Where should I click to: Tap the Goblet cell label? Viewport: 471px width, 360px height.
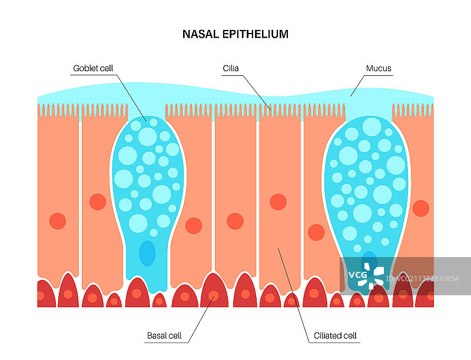(93, 69)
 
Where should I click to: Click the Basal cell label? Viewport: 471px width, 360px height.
(164, 336)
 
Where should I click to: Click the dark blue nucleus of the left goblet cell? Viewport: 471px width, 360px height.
(147, 253)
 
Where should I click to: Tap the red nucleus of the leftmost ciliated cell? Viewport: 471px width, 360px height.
(58, 221)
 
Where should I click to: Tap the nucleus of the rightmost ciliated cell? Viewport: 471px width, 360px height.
(420, 208)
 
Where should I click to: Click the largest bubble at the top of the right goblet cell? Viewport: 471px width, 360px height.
(372, 127)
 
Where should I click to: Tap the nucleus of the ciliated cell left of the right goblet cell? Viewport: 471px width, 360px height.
(316, 232)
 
